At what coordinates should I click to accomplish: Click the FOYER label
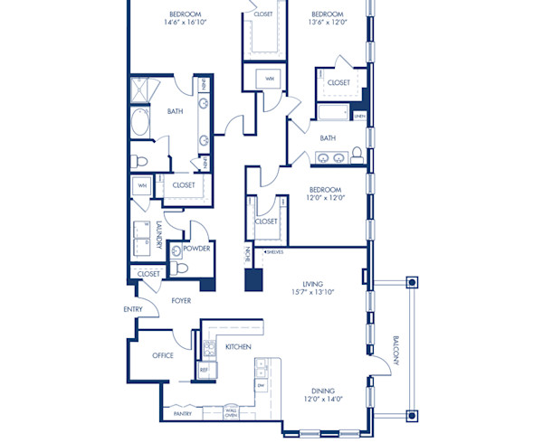[x=181, y=300]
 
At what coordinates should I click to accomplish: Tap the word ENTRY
[x=133, y=310]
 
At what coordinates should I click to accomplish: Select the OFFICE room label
[x=162, y=355]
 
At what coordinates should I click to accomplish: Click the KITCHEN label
[x=237, y=347]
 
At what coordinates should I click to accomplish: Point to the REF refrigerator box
[x=204, y=370]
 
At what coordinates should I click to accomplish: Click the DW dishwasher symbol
[x=261, y=385]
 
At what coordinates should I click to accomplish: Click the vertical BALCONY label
[x=395, y=350]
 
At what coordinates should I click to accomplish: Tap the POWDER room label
[x=196, y=249]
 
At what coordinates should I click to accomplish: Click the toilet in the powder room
[x=181, y=268]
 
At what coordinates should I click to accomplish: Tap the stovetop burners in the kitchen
[x=209, y=346]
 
